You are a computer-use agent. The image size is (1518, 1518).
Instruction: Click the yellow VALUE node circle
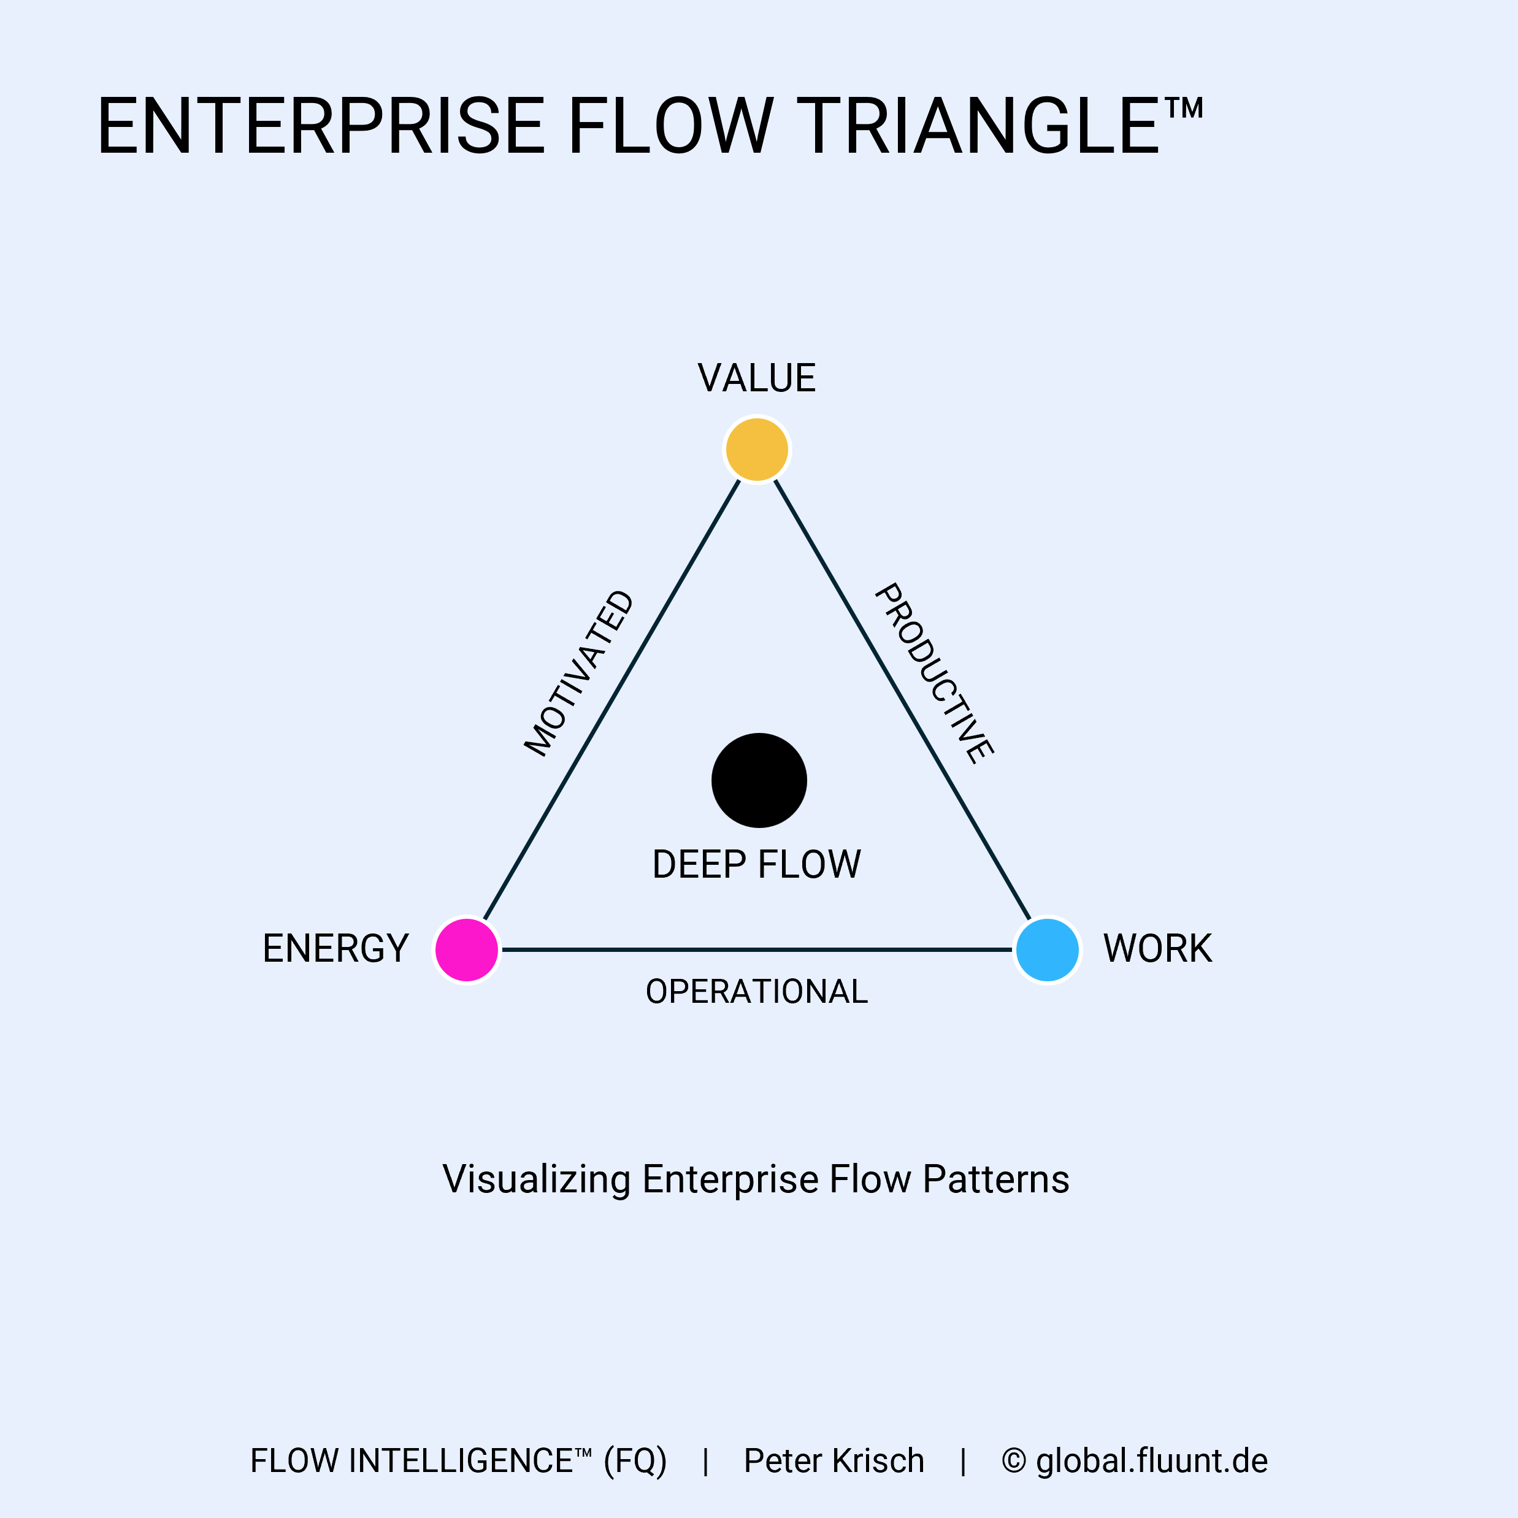(757, 450)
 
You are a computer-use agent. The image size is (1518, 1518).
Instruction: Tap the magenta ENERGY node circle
(467, 949)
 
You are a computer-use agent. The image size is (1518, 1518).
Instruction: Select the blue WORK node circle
(1048, 949)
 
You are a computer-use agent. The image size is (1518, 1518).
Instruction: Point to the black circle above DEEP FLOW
(759, 780)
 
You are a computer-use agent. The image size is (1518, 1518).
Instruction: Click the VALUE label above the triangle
(757, 378)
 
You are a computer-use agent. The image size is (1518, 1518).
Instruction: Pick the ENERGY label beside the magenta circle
(335, 948)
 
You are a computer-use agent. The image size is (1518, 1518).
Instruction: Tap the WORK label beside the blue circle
(1157, 948)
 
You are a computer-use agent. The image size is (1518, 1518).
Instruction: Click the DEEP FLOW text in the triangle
(757, 864)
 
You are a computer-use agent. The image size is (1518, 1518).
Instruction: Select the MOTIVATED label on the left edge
(579, 673)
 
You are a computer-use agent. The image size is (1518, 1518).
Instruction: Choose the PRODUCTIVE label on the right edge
(934, 673)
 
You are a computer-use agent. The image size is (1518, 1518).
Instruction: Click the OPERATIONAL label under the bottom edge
(757, 992)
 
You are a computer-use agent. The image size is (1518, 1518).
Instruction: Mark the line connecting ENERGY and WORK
(757, 949)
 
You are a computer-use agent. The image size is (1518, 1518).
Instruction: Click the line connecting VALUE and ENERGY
(612, 699)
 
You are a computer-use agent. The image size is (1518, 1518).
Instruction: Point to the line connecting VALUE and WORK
(902, 699)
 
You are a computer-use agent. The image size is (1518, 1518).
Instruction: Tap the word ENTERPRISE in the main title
(321, 126)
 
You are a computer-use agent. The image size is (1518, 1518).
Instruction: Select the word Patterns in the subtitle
(995, 1179)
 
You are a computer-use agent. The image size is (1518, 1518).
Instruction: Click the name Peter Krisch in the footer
(834, 1460)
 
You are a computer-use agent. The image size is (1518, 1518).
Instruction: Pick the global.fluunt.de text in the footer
(1151, 1460)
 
